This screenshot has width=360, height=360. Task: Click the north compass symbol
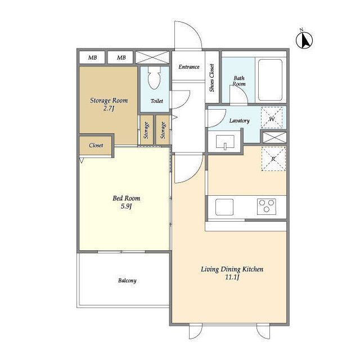tap(304, 40)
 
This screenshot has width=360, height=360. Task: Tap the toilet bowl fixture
tap(154, 78)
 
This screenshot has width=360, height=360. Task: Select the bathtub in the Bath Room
tap(270, 80)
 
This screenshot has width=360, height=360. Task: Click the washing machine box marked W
tap(272, 118)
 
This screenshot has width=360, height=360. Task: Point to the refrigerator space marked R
tap(273, 159)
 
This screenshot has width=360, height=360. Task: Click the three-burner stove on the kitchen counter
tap(266, 206)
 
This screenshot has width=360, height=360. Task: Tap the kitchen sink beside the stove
tap(224, 207)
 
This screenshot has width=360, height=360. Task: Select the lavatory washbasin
tap(225, 142)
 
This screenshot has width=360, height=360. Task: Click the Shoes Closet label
tap(211, 78)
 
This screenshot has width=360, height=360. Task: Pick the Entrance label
tap(189, 67)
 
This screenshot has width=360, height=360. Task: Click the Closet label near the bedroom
tap(96, 145)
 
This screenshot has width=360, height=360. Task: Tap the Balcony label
tap(127, 280)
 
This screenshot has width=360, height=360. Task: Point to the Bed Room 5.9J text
tap(126, 202)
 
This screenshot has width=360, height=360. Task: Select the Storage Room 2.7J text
tap(109, 104)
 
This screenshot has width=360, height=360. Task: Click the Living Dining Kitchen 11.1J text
tap(232, 273)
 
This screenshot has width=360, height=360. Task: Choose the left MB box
tap(92, 57)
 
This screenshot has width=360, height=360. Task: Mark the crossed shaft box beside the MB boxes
tap(152, 57)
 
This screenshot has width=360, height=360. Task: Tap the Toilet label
tap(157, 101)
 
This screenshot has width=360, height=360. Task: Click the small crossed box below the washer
tap(274, 137)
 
